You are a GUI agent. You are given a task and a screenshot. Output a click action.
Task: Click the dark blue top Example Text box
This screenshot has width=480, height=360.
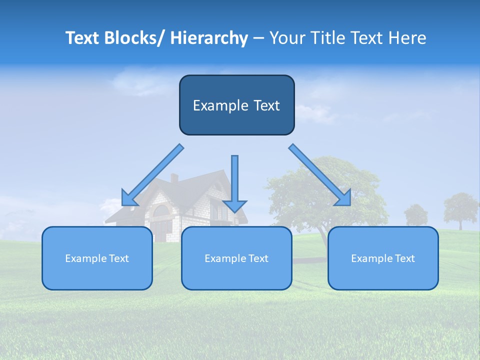tap(236, 105)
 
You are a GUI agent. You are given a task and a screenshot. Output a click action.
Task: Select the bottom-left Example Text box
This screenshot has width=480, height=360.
tap(97, 258)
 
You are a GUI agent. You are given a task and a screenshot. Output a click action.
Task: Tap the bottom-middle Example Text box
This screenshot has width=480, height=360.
tap(236, 258)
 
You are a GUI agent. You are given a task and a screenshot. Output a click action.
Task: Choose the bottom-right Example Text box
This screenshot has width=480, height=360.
tap(383, 258)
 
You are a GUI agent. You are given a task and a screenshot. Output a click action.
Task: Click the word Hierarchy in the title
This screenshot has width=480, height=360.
tap(209, 38)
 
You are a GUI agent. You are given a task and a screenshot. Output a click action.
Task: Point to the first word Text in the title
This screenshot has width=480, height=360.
tap(83, 38)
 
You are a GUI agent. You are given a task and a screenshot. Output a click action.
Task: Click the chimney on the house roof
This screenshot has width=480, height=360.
tap(174, 178)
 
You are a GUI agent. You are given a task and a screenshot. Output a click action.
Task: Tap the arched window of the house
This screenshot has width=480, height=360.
tap(161, 211)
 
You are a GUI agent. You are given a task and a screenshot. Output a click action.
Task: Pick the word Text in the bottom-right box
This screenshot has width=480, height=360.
tap(404, 258)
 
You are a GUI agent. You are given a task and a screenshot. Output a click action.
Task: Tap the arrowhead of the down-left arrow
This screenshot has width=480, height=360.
tap(129, 198)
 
